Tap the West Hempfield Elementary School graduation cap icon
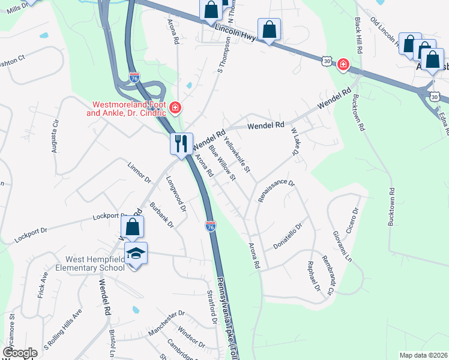[136, 254]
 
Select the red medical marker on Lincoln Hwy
[343, 64]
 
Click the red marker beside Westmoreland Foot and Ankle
[175, 107]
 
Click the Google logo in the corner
[20, 353]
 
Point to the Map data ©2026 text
[423, 355]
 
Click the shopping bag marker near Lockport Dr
[133, 228]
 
